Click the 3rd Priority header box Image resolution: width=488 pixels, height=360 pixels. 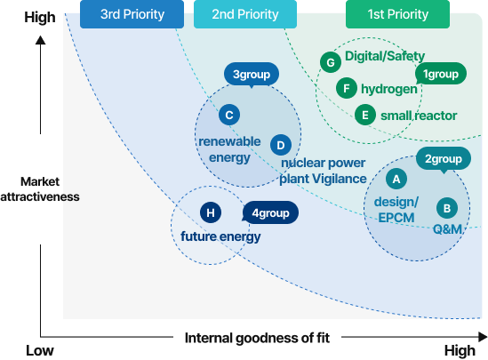coord(132,14)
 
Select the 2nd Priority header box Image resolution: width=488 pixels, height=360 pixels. coord(245,14)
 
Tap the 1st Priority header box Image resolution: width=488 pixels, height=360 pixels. coord(397,14)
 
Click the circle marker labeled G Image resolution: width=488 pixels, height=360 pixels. coord(331,62)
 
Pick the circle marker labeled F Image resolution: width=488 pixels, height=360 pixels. coord(347,88)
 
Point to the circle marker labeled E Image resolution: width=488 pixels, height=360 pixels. coord(365,115)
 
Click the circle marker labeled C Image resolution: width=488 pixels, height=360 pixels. coord(229,115)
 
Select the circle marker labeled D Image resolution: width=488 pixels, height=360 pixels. coord(281,145)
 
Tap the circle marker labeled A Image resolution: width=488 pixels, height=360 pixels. coord(396,179)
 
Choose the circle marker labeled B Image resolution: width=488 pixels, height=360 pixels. coord(447,208)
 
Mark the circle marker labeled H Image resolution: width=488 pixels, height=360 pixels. coord(211,212)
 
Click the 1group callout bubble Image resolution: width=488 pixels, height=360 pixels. coord(441,74)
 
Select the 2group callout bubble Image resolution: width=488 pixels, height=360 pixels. coord(444,159)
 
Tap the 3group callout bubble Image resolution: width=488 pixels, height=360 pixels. coord(252,75)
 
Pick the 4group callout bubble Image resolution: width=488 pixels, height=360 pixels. coord(270,212)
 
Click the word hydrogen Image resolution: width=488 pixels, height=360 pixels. coord(389,89)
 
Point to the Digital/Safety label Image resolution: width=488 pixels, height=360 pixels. coord(385,56)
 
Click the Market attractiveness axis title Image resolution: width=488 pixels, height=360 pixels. coord(40,188)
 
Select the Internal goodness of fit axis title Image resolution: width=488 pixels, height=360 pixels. coord(257,338)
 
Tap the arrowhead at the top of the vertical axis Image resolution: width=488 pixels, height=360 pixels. coord(41,40)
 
